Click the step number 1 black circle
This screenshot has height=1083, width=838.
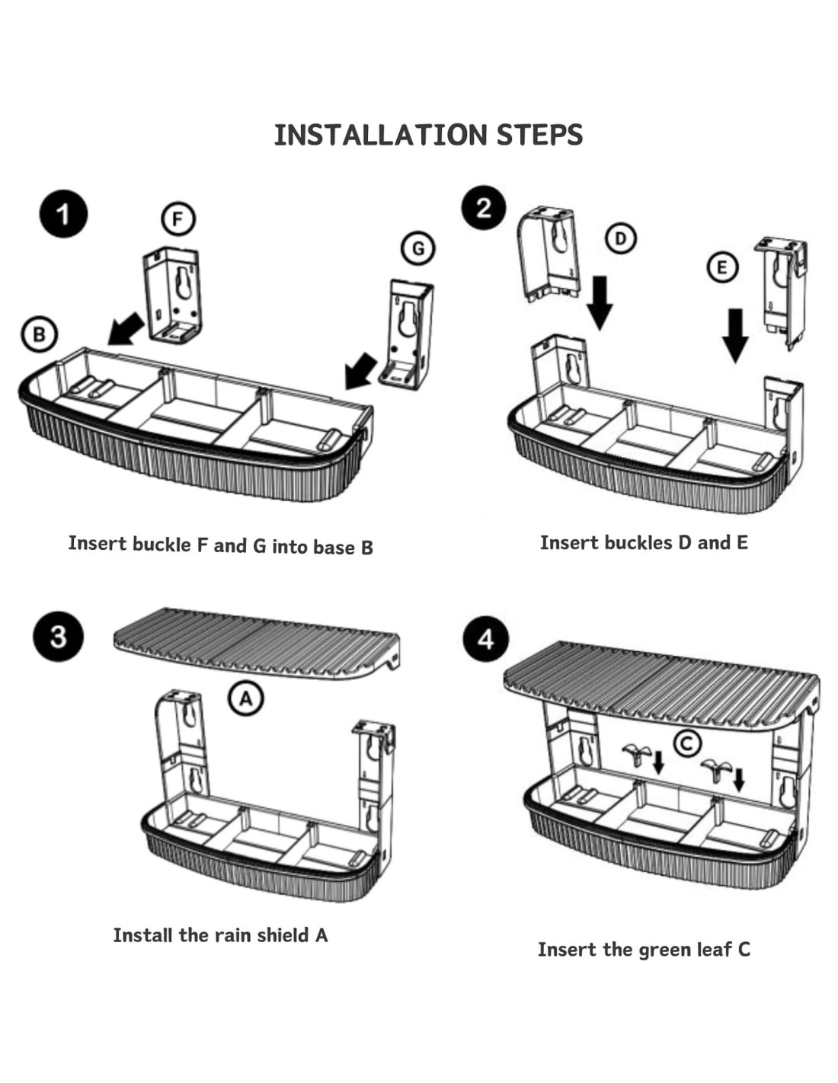(63, 214)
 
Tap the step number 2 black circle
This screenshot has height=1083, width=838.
(485, 208)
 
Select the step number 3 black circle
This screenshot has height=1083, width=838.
(58, 636)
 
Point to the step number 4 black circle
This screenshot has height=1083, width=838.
(485, 638)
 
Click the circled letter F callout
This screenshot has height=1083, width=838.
(178, 219)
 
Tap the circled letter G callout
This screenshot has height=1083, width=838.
(417, 248)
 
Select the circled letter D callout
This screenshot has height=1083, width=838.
(621, 239)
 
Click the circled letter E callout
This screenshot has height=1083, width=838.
(721, 267)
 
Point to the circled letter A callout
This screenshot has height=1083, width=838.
(246, 698)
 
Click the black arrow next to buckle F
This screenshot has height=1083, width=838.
(125, 328)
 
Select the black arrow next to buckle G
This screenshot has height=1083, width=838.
(360, 371)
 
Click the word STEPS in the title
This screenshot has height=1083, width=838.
(539, 136)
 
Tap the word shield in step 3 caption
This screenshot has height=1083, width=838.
(283, 935)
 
